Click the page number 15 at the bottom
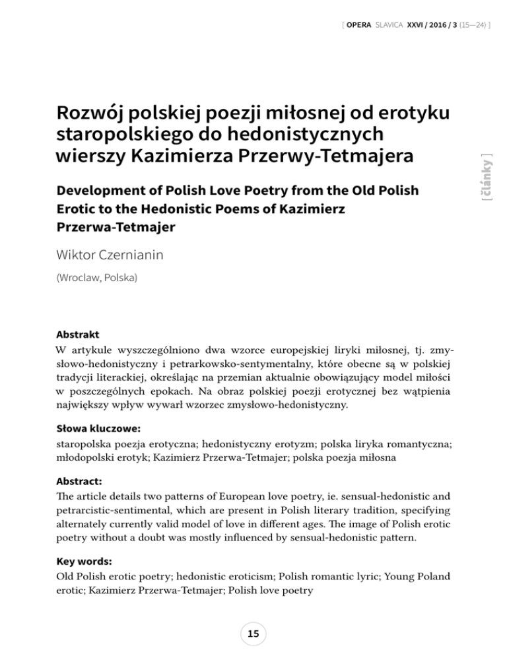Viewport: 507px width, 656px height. click(253, 634)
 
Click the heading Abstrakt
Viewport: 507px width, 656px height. click(78, 334)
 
